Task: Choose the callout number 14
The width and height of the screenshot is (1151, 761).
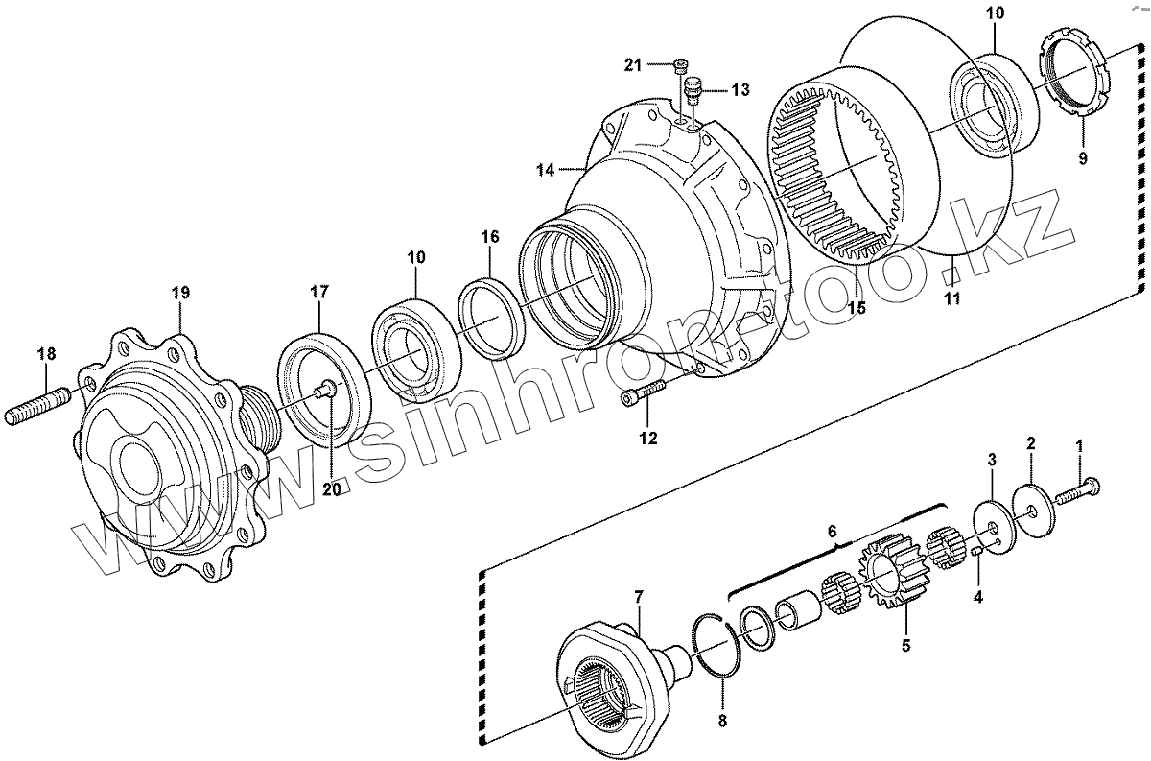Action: pos(546,170)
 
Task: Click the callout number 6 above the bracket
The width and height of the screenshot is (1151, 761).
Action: pos(833,531)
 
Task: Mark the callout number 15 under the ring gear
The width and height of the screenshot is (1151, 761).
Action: pos(856,308)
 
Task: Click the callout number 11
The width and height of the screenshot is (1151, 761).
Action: pos(951,298)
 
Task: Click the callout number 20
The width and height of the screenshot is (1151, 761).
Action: pos(332,488)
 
